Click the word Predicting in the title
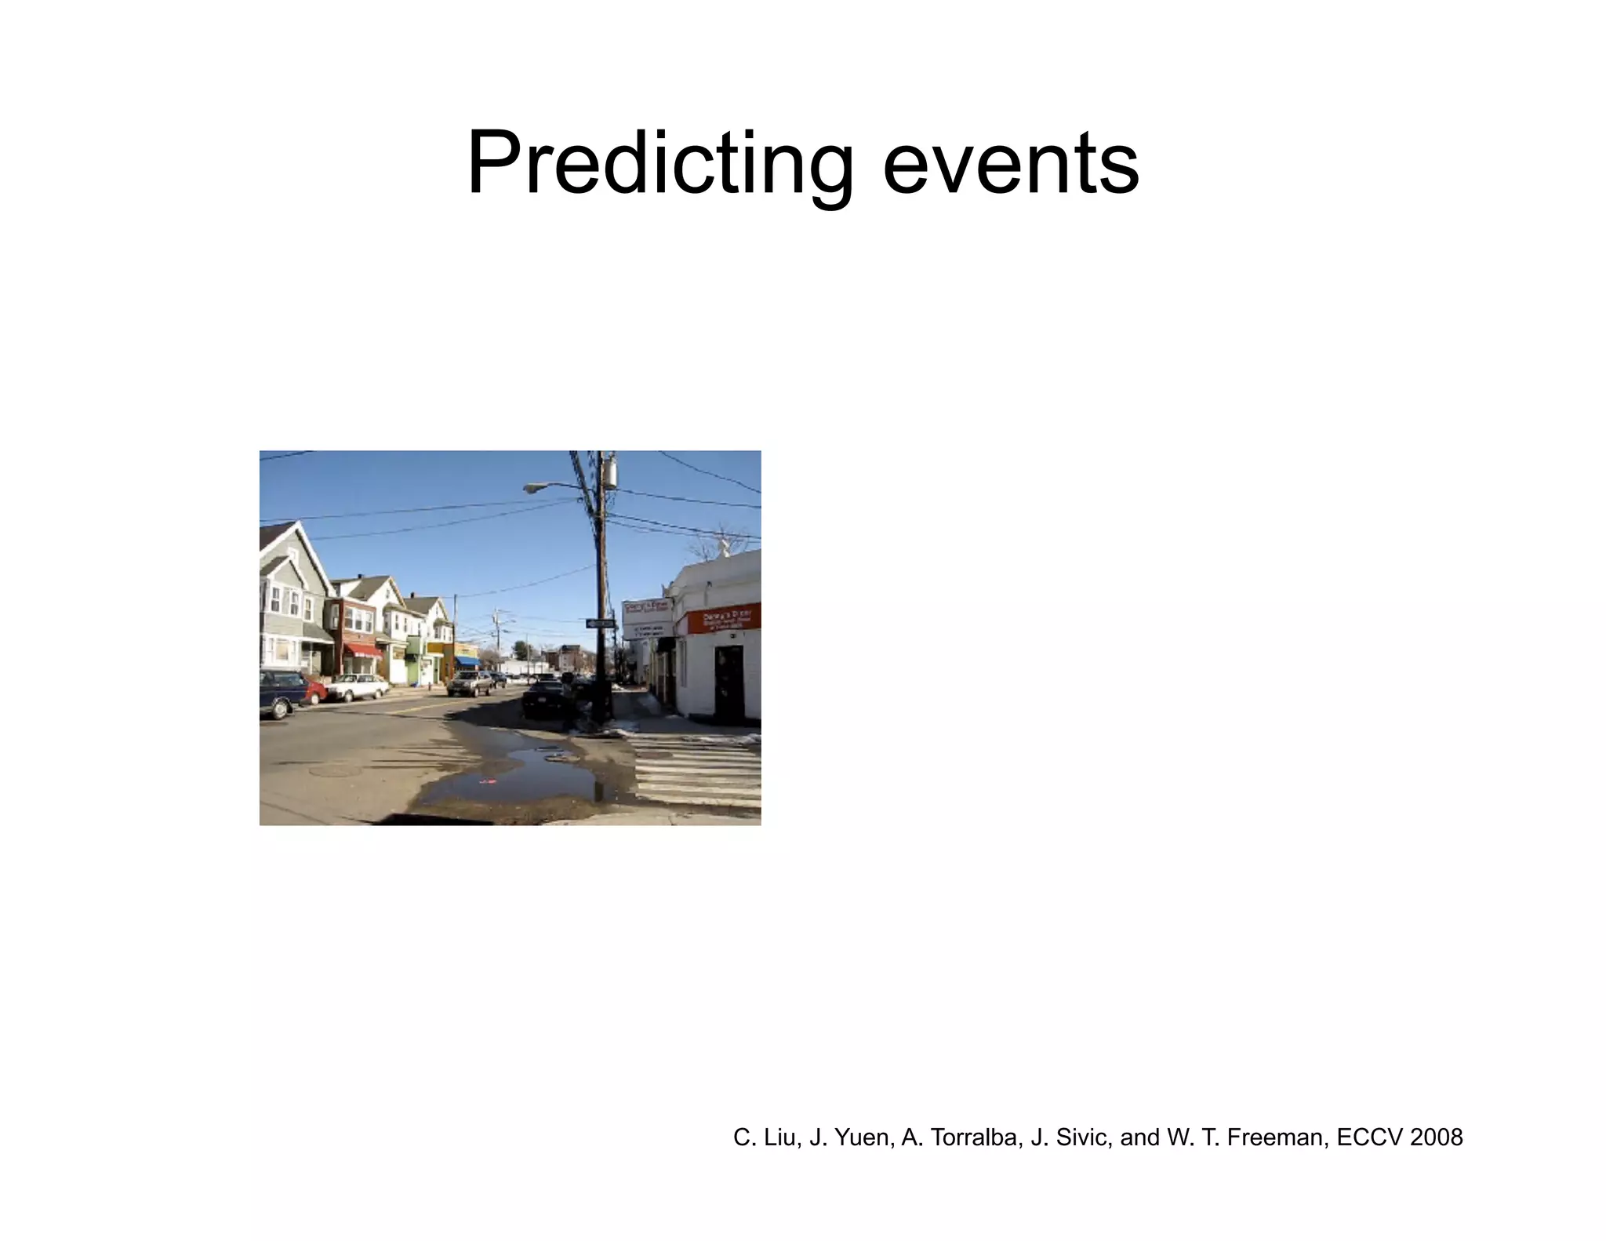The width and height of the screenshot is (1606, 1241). tap(659, 165)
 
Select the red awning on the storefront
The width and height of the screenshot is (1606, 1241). tap(363, 650)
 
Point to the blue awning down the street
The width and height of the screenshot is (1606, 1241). tap(467, 661)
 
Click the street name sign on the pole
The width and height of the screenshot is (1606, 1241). tap(601, 623)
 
